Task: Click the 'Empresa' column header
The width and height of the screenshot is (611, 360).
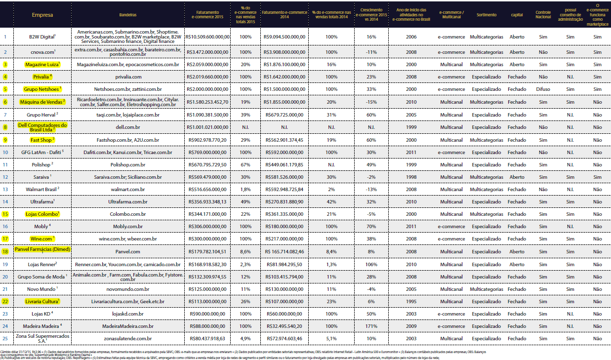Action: [x=42, y=15]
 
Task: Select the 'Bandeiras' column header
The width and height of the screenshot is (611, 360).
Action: [x=128, y=15]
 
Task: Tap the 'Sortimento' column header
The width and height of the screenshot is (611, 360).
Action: [x=486, y=15]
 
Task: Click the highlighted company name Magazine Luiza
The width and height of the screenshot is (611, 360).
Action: [x=42, y=64]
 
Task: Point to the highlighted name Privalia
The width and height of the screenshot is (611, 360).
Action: [x=42, y=77]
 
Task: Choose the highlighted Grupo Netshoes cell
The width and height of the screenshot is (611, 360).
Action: [x=42, y=89]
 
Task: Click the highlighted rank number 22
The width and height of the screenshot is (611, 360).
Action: [x=5, y=301]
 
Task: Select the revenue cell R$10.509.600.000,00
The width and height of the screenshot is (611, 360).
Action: [x=208, y=37]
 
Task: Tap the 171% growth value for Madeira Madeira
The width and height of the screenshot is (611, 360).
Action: [x=371, y=326]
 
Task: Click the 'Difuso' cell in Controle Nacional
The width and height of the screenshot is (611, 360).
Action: [x=543, y=89]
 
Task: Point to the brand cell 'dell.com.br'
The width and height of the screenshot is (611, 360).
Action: [x=128, y=126]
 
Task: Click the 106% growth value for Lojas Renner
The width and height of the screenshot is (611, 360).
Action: [x=371, y=264]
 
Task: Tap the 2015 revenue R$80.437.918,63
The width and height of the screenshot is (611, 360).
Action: [x=208, y=338]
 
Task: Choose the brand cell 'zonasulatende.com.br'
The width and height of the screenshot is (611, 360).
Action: [x=128, y=338]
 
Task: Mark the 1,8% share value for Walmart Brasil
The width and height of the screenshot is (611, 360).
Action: [x=245, y=189]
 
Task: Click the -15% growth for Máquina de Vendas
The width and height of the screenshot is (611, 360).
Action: [x=371, y=102]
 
